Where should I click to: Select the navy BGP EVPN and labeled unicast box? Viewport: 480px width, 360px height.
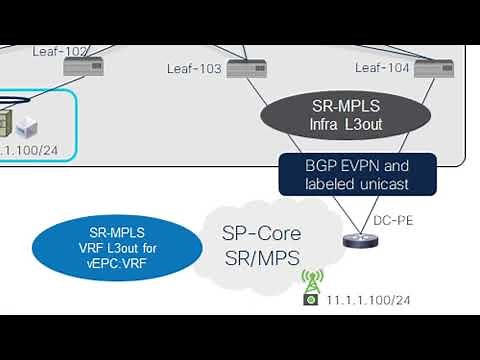(x=357, y=174)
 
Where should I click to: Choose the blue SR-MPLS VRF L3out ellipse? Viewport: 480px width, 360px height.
(x=102, y=245)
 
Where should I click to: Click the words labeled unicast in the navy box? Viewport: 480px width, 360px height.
(x=357, y=184)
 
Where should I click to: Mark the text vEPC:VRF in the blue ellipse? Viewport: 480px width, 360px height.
(x=102, y=261)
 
